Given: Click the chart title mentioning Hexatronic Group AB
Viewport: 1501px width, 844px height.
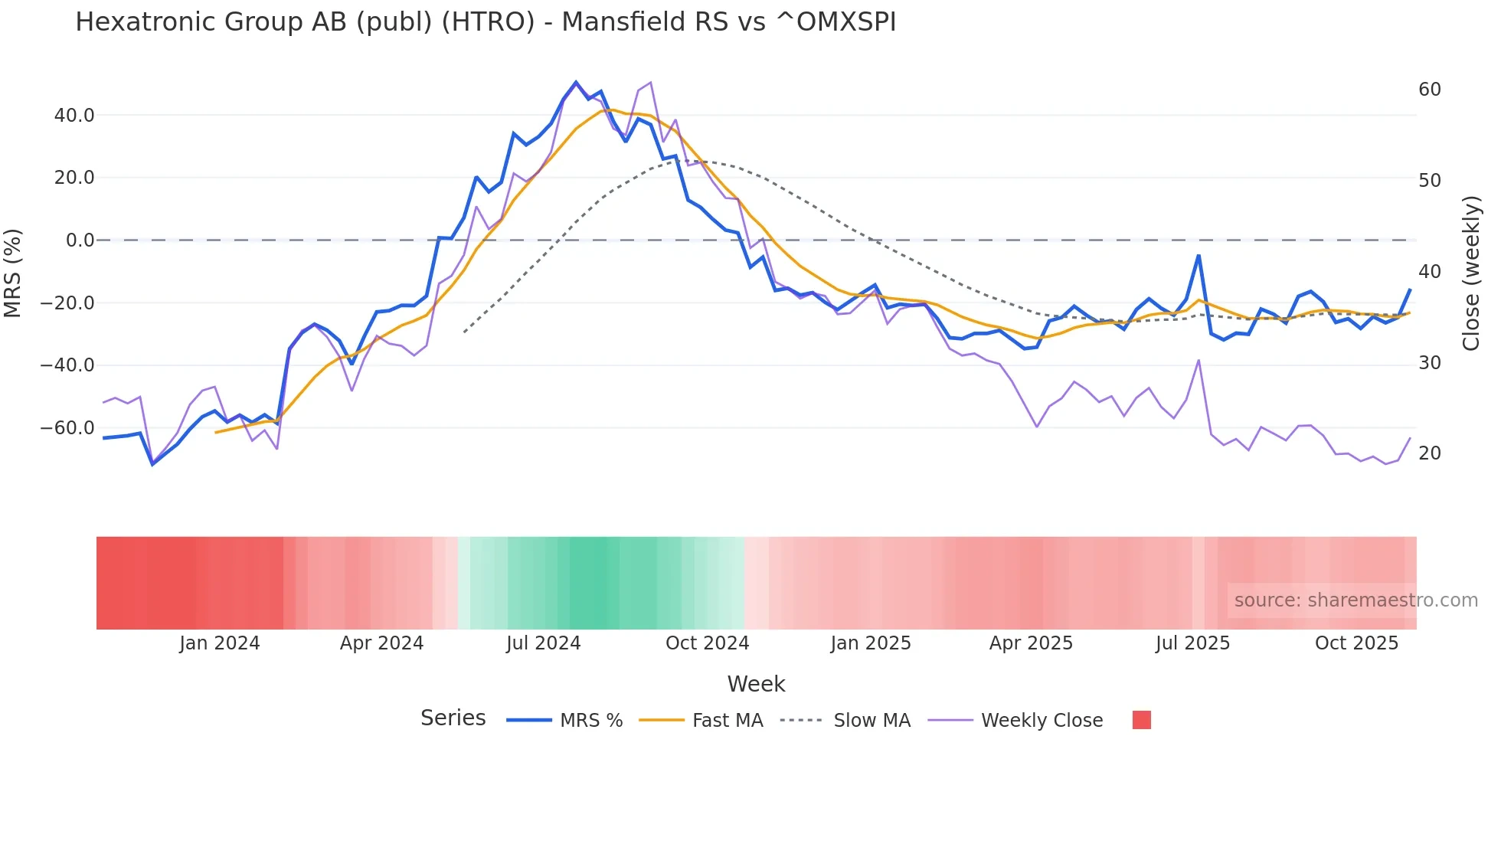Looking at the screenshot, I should pyautogui.click(x=486, y=22).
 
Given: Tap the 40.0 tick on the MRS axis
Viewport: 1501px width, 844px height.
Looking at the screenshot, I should pyautogui.click(x=74, y=116).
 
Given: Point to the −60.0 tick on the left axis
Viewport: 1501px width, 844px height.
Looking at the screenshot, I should pyautogui.click(x=67, y=428).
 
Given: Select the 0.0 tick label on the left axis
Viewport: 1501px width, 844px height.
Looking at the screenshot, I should pyautogui.click(x=80, y=240).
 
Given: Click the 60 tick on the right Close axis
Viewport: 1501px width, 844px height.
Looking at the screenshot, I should pyautogui.click(x=1429, y=90).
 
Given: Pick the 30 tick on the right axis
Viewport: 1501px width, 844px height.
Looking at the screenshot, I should pyautogui.click(x=1429, y=363).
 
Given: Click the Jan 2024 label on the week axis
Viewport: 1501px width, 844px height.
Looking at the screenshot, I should pyautogui.click(x=220, y=643).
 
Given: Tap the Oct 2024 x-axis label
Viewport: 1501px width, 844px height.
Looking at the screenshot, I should pyautogui.click(x=707, y=643).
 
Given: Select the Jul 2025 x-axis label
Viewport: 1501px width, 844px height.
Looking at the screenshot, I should pyautogui.click(x=1192, y=643).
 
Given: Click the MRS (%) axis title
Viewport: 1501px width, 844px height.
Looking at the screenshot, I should pyautogui.click(x=13, y=273).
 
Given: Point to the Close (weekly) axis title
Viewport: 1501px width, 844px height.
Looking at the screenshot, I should pyautogui.click(x=1471, y=273).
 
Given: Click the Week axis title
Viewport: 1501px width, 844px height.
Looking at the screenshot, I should pyautogui.click(x=756, y=684).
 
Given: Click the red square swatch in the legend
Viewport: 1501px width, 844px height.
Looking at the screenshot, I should pyautogui.click(x=1141, y=720).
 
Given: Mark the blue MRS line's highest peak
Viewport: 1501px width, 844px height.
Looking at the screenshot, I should pyautogui.click(x=576, y=82).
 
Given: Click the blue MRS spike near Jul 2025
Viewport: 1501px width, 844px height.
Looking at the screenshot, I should pyautogui.click(x=1199, y=256).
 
